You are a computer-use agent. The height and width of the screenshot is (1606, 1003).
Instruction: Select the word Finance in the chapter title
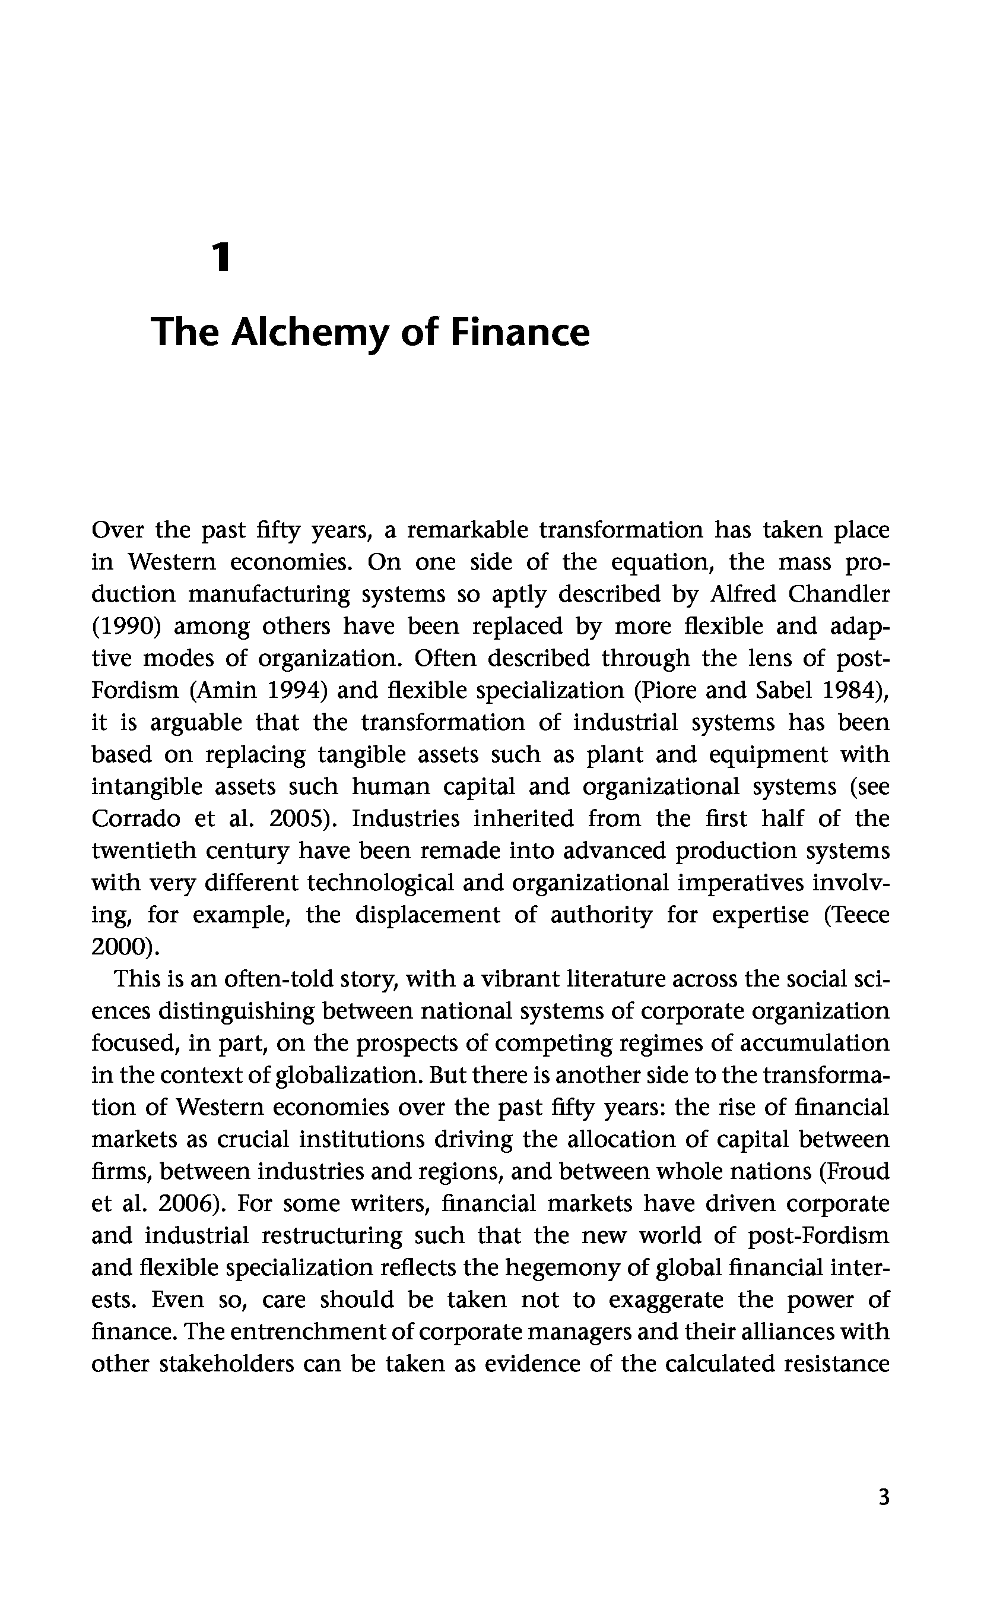coord(519,333)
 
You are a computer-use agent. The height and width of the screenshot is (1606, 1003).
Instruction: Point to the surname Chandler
coord(839,594)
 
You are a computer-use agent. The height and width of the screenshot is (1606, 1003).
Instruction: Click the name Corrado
coord(135,819)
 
